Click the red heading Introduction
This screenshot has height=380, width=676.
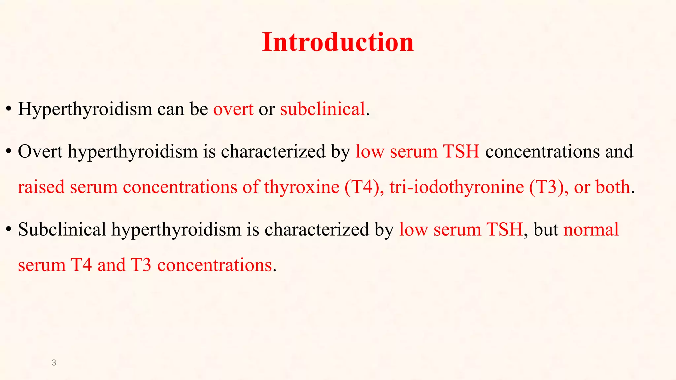[338, 42]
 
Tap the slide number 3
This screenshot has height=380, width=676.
[54, 363]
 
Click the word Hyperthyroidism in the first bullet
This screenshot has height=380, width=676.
[85, 109]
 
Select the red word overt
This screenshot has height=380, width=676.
[233, 109]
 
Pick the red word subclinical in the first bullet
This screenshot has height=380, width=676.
[322, 109]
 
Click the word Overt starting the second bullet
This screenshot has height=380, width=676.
[40, 152]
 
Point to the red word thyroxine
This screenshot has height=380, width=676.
[301, 187]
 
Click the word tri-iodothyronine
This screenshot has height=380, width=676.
[456, 187]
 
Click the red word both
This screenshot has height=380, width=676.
[613, 187]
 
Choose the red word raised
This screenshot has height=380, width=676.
[41, 187]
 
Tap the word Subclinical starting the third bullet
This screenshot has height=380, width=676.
[62, 230]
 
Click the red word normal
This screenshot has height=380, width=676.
[591, 230]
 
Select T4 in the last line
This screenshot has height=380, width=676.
[81, 265]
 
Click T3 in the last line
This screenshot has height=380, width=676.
[141, 265]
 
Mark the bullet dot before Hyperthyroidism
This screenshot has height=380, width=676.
[9, 109]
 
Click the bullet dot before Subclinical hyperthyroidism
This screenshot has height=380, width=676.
[9, 230]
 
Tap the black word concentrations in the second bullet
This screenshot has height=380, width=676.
[542, 152]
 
